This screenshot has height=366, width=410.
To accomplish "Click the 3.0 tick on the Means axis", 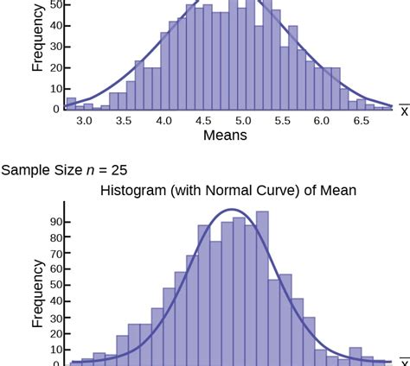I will tap(84, 122).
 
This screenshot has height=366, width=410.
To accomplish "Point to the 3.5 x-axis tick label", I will tap(124, 122).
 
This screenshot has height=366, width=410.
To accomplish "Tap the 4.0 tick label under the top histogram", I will tap(163, 122).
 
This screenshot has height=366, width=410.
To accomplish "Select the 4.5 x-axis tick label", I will tap(203, 122).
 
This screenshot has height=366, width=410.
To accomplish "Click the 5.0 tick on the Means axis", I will tap(243, 122).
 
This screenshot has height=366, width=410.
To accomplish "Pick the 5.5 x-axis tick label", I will tap(283, 122).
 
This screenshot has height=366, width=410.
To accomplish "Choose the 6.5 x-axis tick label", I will tap(362, 122).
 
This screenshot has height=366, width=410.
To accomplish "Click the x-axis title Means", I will tap(225, 136).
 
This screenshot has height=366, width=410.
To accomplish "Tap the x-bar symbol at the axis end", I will tap(403, 110).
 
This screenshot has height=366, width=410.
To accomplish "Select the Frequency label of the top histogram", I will tap(38, 39).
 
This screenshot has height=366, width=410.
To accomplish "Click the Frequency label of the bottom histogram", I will tap(38, 295).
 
